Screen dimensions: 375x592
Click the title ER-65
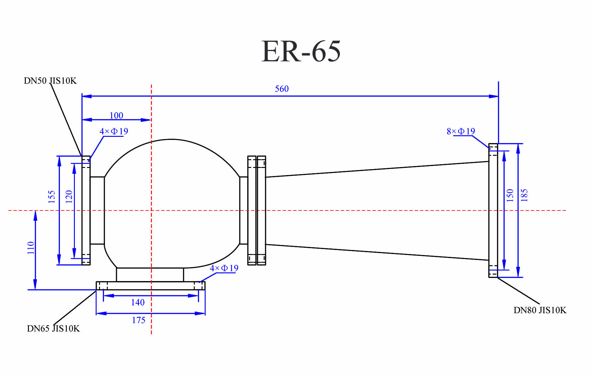point(301,51)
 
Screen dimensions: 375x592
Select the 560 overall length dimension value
point(281,89)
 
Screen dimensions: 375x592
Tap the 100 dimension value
point(116,115)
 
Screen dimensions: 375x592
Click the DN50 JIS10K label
point(50,81)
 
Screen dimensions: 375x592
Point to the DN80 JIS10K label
point(540,310)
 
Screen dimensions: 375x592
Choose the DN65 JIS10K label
point(53,329)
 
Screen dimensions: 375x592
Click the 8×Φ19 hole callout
point(461,131)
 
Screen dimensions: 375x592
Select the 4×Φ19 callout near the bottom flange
point(224,268)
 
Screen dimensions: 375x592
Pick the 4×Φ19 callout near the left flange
point(114,131)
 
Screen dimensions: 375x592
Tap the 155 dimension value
point(52,197)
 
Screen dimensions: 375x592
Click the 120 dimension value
point(69,197)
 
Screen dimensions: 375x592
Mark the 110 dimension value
point(30,248)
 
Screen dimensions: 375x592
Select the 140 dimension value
point(138,302)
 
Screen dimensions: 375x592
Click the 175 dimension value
point(139,320)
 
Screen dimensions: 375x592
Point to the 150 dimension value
point(510,195)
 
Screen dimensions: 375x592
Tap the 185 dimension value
point(524,195)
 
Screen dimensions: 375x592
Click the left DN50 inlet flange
point(86,210)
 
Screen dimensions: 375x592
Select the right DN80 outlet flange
point(493,210)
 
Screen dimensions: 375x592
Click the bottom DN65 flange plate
point(150,285)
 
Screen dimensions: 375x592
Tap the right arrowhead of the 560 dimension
point(494,96)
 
